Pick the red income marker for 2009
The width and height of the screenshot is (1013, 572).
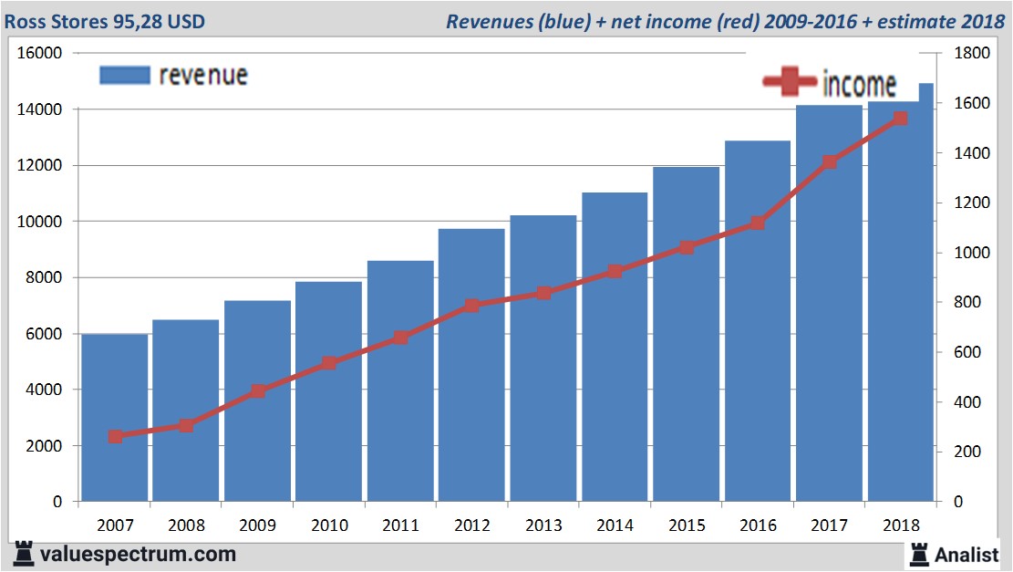click(258, 391)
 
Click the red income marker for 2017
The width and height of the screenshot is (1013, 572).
click(830, 162)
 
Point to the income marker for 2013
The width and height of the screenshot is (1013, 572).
click(543, 293)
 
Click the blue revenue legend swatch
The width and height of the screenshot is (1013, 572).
click(124, 75)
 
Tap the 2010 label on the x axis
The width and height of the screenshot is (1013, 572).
click(329, 525)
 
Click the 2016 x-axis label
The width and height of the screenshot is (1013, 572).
click(759, 525)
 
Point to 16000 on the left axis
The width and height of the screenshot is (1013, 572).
click(39, 54)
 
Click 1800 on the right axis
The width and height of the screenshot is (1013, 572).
click(968, 54)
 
